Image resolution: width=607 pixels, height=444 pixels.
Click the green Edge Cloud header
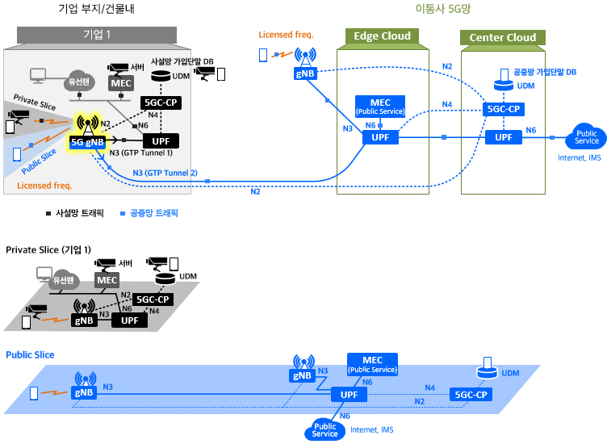point(382,36)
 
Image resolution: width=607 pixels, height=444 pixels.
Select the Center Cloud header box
point(503,38)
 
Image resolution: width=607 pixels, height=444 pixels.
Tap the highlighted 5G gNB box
point(87,142)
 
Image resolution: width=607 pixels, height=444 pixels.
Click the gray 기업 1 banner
point(97,35)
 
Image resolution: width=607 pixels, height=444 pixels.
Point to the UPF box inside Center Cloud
point(503,137)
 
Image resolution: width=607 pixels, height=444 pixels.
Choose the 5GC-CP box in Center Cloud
point(503,109)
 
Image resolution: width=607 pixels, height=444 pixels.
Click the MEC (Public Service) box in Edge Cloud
point(380,106)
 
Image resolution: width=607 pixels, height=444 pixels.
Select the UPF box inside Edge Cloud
point(380,137)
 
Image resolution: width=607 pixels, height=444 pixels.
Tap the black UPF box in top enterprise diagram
point(161,141)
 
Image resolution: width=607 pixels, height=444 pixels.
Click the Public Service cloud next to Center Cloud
point(586,136)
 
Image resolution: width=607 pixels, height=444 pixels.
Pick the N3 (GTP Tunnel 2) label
point(165,173)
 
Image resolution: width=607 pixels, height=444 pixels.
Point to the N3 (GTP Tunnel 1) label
point(141,153)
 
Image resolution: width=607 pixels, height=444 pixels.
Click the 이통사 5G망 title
point(443,9)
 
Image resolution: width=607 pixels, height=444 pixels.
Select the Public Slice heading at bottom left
point(30,355)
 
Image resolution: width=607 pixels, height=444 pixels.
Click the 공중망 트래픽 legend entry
point(149,213)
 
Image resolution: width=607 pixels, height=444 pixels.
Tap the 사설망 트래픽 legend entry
point(75,213)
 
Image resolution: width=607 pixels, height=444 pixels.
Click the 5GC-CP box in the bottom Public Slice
point(471,395)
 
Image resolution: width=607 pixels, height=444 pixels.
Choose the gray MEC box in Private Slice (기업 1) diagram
point(107,280)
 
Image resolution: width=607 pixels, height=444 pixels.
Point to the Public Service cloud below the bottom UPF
point(324,429)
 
